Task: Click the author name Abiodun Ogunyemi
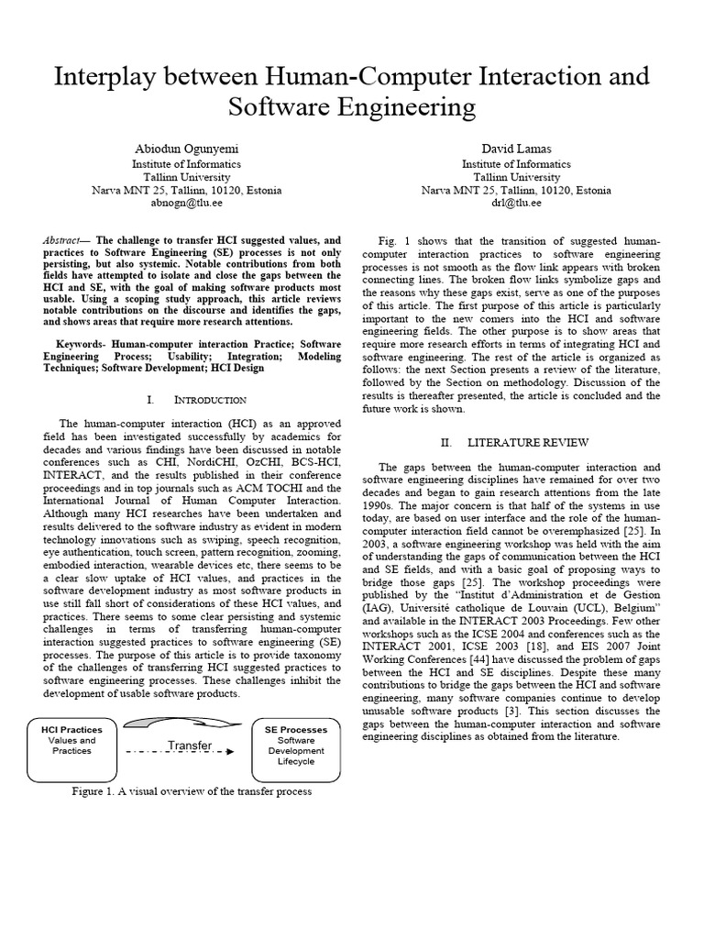tap(186, 149)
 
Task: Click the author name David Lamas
tap(516, 149)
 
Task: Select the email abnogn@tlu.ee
tap(186, 204)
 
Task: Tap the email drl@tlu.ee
tap(516, 204)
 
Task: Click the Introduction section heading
tap(210, 400)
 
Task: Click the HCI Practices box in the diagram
tap(72, 739)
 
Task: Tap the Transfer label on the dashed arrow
tap(189, 746)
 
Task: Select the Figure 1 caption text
tap(192, 791)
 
